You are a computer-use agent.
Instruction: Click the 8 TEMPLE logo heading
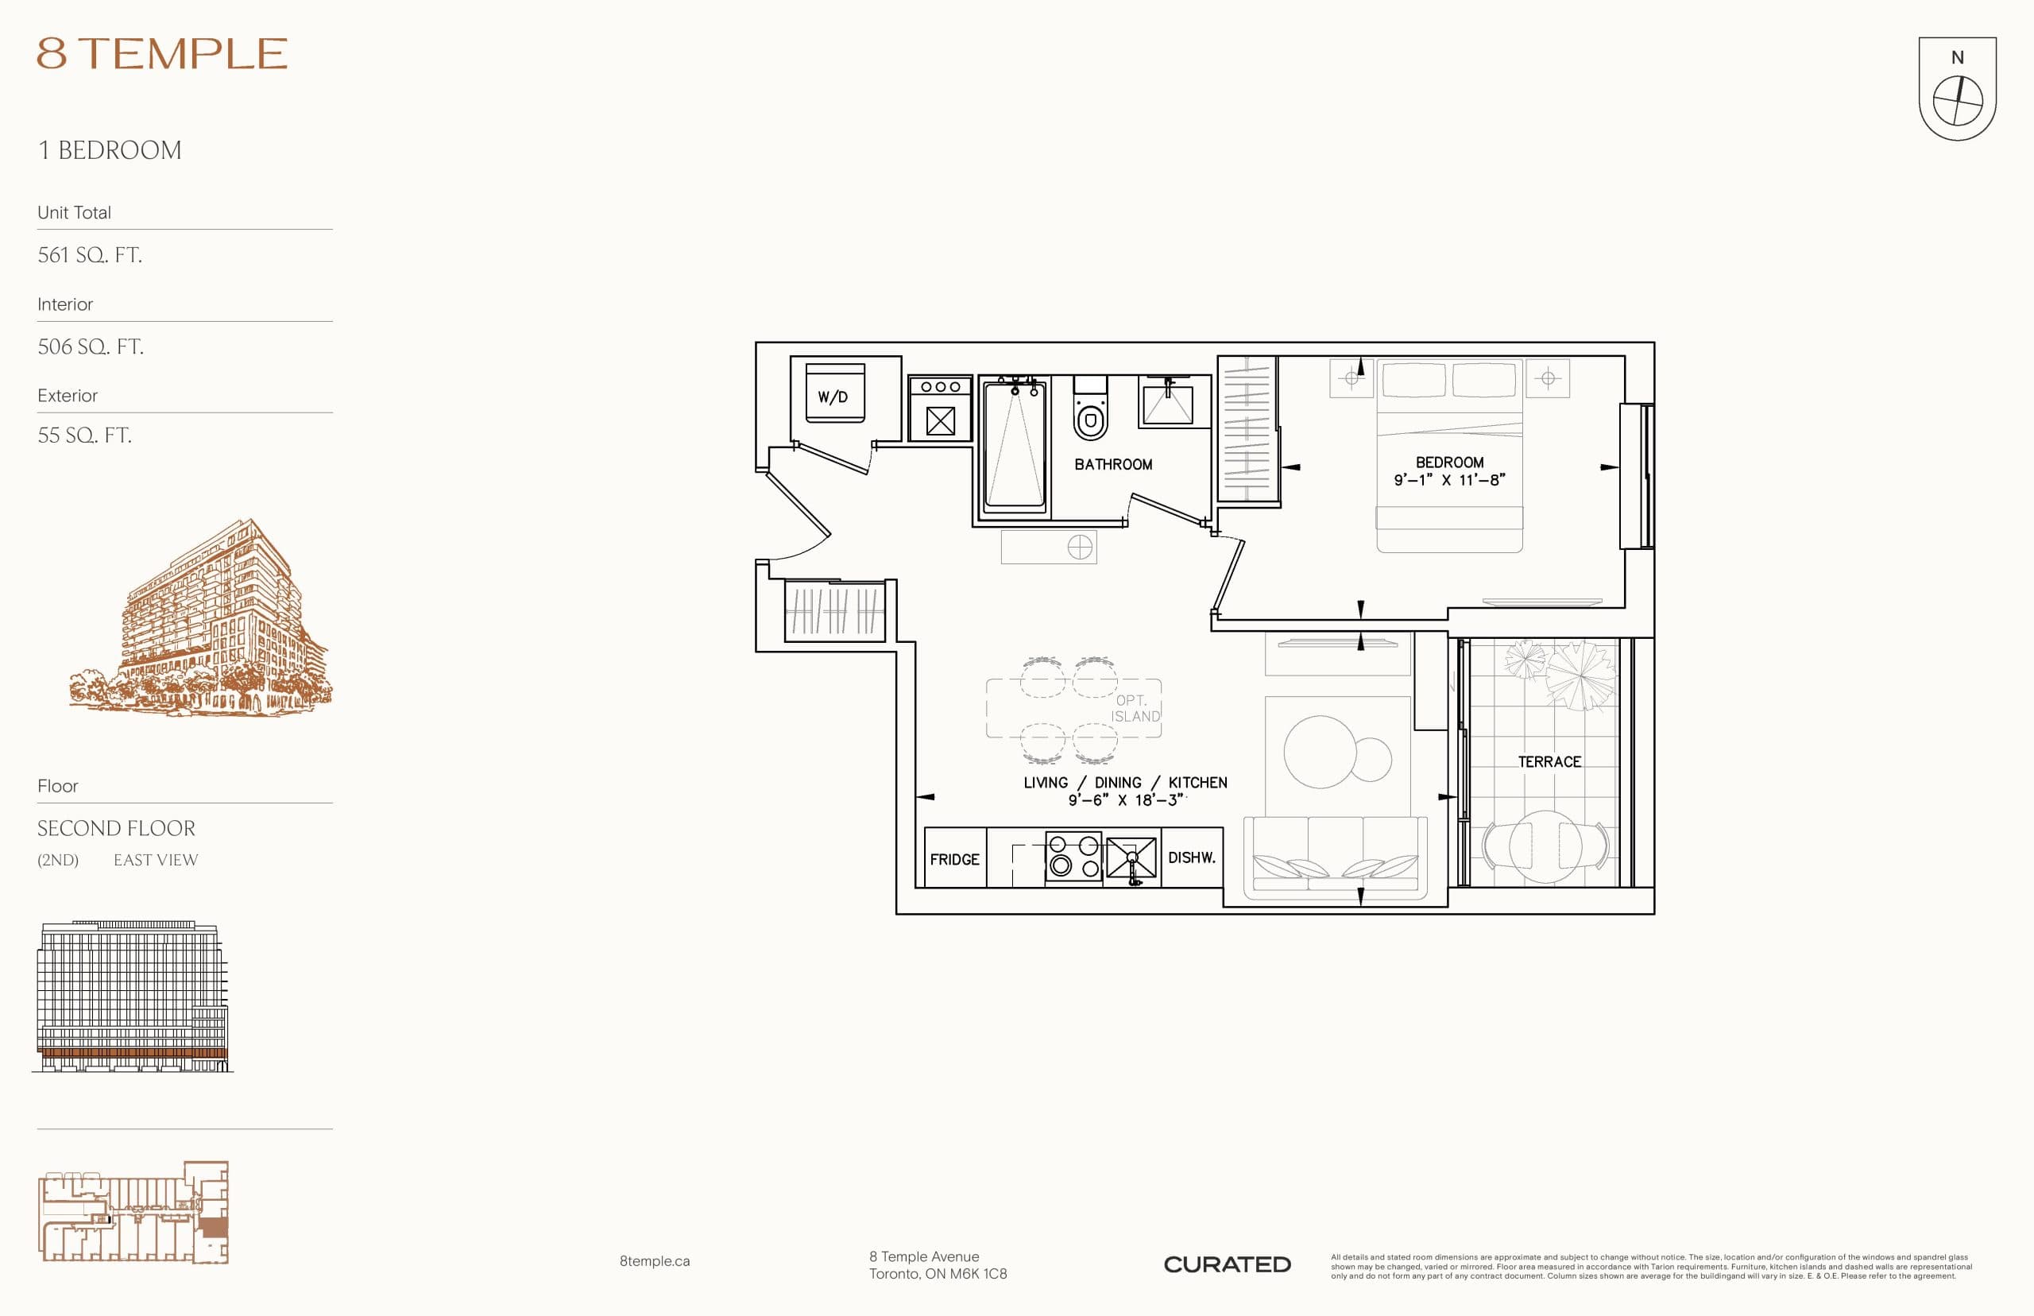(x=162, y=54)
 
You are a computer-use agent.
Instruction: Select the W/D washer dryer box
(x=834, y=394)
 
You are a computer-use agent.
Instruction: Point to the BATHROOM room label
(x=1113, y=465)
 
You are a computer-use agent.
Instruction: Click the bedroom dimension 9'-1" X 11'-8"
(x=1450, y=480)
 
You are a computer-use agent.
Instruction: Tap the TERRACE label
(x=1549, y=762)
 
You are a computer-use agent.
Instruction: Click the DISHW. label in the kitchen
(x=1192, y=858)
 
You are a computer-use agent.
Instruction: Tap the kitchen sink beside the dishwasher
(x=1131, y=858)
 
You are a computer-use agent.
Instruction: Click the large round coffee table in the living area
(x=1320, y=752)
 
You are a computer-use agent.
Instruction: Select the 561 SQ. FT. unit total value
(x=90, y=254)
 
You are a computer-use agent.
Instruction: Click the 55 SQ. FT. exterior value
(x=84, y=435)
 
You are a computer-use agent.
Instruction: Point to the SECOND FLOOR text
(x=116, y=828)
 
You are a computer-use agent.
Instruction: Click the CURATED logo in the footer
(x=1227, y=1264)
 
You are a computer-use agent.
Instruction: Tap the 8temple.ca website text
(x=655, y=1261)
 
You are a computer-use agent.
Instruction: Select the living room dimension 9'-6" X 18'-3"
(x=1126, y=801)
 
